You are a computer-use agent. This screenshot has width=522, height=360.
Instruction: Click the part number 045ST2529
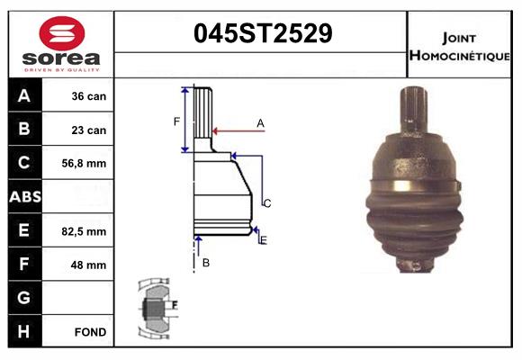coord(263,34)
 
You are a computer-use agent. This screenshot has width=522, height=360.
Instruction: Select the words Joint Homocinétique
coord(460,46)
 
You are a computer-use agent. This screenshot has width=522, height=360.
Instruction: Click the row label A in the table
coord(24,96)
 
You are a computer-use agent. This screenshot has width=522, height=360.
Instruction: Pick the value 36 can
coord(89,96)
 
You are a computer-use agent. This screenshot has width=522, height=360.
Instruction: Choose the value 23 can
coord(89,130)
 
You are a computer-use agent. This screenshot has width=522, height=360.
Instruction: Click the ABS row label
coord(24,197)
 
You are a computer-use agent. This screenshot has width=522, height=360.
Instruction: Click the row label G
coord(24,298)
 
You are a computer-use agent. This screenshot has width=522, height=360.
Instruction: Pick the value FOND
coord(91,332)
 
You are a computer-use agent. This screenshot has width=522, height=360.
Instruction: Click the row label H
coord(24,332)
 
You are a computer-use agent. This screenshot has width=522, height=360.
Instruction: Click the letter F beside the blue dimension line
coord(176,120)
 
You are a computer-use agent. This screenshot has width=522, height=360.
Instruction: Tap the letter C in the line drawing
coord(267,203)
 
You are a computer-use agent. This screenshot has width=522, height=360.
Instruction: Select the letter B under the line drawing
coord(206,263)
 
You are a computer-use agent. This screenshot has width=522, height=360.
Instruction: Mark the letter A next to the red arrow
coord(260,122)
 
